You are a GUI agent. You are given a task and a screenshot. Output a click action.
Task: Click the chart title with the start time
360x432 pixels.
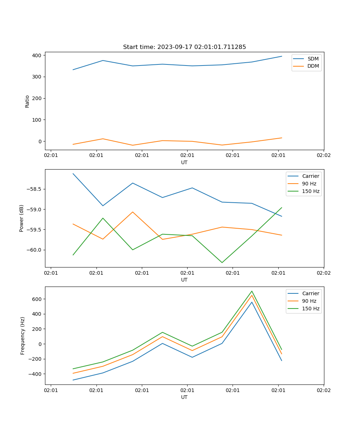[184, 47]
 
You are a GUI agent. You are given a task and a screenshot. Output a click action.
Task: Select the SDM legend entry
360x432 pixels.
[313, 59]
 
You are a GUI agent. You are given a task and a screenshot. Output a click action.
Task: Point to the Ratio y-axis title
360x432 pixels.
[27, 101]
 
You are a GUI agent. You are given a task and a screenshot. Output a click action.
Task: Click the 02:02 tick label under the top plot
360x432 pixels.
[323, 156]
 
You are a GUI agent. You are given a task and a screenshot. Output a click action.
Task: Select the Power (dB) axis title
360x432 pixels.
[22, 218]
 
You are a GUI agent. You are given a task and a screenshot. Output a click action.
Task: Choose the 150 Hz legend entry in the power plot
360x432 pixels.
[311, 191]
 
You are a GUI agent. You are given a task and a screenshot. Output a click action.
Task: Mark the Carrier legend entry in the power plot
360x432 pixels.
[311, 176]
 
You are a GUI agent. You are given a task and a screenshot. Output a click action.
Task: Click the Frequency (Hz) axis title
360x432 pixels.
[23, 336]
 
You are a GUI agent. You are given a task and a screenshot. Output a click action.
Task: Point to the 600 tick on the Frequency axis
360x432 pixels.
[37, 299]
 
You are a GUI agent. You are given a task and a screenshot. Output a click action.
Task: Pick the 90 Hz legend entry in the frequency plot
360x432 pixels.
[309, 301]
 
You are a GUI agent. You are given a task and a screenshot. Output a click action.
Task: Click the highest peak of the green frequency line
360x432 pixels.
[252, 291]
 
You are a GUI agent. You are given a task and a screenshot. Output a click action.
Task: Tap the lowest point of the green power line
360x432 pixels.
[222, 262]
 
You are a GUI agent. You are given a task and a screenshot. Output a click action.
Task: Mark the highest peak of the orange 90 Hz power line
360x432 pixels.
[133, 212]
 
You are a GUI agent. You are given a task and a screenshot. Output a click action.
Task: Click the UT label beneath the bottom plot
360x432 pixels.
[184, 397]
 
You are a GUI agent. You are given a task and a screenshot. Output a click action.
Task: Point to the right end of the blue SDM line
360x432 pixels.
[282, 56]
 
